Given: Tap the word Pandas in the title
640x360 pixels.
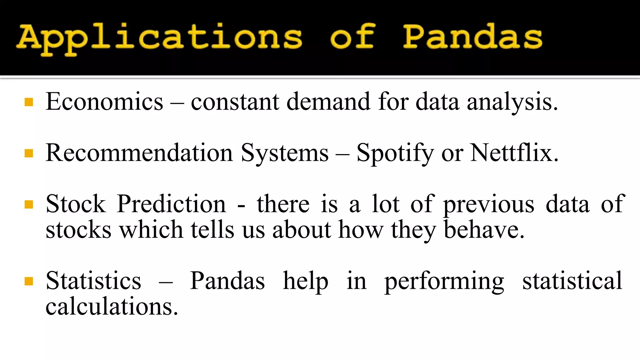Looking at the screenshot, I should [x=472, y=37].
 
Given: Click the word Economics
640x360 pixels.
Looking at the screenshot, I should [x=104, y=102].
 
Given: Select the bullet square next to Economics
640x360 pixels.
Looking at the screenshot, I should [x=29, y=102].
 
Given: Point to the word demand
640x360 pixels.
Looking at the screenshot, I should [x=328, y=102].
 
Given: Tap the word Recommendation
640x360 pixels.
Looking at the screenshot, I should [x=139, y=153].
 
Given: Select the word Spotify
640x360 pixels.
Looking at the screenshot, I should [x=395, y=153].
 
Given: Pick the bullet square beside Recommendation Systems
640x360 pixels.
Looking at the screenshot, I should [x=29, y=153].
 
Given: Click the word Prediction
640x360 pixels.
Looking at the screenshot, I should [x=171, y=204].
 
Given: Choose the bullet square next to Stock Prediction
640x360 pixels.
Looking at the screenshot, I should [x=29, y=204].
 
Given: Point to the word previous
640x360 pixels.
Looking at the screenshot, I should [x=489, y=204].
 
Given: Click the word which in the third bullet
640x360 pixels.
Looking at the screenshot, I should [x=151, y=230].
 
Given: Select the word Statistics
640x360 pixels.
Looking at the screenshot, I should [x=93, y=281].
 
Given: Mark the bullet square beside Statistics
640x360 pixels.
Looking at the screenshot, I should [x=29, y=281].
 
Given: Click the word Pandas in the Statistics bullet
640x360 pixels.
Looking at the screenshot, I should [x=227, y=281].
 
